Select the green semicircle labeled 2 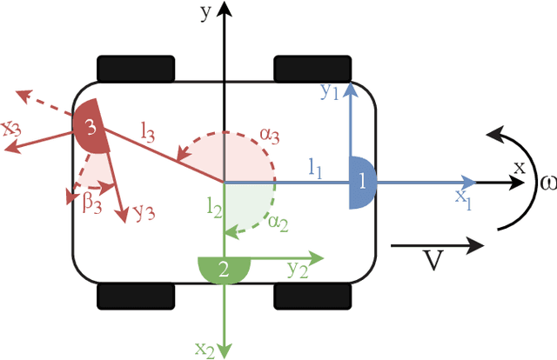[225, 269]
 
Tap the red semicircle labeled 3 [92, 128]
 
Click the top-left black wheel [136, 68]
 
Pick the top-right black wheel [312, 68]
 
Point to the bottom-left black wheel [136, 296]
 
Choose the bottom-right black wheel [312, 296]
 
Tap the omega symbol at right [545, 183]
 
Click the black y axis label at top [205, 12]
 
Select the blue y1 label [330, 92]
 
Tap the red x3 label [12, 129]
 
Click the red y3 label [144, 212]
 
